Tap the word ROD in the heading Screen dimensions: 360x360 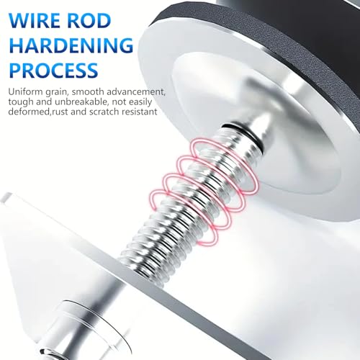[86, 21]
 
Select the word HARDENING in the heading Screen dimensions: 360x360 [71, 45]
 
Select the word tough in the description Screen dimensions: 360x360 [21, 102]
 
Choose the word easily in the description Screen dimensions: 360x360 [140, 102]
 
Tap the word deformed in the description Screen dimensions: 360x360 [30, 112]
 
